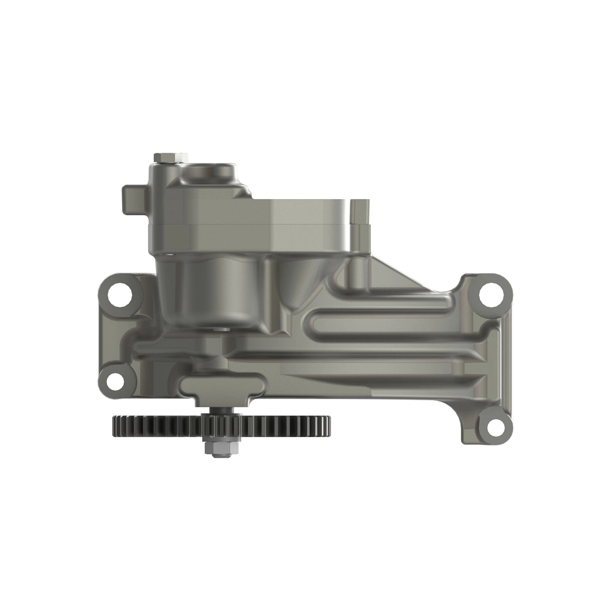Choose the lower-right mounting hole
tap(493, 426)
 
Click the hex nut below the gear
tap(219, 448)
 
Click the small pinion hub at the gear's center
tap(219, 424)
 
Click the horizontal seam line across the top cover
tap(255, 225)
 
